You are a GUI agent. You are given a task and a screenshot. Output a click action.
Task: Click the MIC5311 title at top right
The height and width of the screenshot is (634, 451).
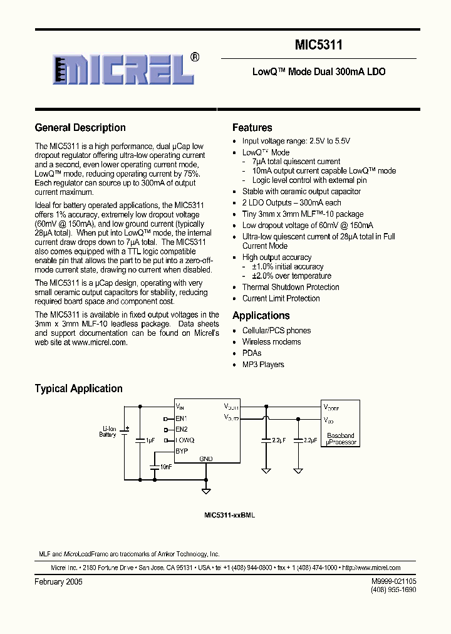click(318, 45)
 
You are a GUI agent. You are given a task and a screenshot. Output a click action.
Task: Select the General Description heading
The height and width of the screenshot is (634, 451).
click(80, 128)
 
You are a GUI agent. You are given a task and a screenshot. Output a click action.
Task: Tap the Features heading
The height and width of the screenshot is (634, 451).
click(252, 128)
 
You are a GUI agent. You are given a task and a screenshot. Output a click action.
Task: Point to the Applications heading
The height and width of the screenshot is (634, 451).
click(261, 316)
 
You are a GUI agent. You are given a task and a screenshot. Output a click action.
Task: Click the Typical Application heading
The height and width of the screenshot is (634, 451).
click(78, 389)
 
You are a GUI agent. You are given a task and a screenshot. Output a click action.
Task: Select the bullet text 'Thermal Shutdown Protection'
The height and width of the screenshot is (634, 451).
click(291, 287)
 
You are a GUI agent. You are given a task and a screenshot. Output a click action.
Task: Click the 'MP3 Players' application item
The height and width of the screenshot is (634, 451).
click(263, 365)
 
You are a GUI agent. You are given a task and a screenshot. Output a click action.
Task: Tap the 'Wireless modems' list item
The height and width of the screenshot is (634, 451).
click(271, 342)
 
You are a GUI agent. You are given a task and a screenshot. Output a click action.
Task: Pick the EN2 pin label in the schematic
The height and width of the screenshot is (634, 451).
click(182, 429)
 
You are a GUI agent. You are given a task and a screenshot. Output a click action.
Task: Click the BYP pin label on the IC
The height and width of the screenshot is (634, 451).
click(182, 451)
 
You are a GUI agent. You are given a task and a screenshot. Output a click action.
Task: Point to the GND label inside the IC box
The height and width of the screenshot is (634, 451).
click(206, 459)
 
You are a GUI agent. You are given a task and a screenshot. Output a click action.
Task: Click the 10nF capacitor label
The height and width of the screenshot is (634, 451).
click(165, 467)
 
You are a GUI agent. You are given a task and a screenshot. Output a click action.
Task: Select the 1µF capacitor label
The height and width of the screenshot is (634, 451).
click(150, 440)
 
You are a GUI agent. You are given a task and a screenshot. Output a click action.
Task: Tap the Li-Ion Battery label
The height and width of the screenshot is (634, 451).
click(108, 432)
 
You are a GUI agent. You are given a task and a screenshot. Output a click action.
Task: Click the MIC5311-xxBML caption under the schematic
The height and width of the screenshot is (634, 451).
click(229, 515)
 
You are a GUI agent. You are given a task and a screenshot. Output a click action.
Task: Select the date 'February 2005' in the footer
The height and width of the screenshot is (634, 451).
click(58, 582)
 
